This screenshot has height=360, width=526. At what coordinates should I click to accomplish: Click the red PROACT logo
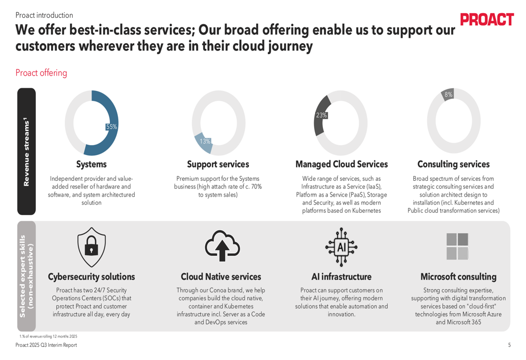(x=487, y=19)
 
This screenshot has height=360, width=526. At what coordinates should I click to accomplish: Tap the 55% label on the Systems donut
(x=112, y=127)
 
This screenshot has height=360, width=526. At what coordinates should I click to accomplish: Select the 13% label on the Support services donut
(x=205, y=141)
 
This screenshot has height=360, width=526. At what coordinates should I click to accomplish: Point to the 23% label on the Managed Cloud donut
(x=321, y=115)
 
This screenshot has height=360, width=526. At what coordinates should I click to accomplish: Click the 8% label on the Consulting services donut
(x=448, y=95)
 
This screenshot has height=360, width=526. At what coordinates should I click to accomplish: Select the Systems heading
(x=92, y=164)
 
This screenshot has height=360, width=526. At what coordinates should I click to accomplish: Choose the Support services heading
(x=218, y=164)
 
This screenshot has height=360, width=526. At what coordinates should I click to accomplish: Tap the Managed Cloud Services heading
(x=341, y=164)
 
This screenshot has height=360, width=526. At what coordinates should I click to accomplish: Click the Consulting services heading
(x=453, y=164)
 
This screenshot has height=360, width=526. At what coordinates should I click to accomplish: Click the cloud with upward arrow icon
(x=222, y=245)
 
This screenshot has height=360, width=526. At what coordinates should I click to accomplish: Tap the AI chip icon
(x=341, y=245)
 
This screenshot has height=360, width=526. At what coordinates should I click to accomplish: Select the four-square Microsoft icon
(x=457, y=246)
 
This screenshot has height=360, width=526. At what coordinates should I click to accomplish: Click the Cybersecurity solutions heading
(x=92, y=277)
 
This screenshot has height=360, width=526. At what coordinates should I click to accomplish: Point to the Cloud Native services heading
(x=221, y=277)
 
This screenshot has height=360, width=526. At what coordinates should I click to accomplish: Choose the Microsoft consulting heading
(x=458, y=277)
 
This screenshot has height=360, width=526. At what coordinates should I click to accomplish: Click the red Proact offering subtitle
(x=41, y=73)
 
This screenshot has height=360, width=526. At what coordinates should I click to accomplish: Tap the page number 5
(x=509, y=345)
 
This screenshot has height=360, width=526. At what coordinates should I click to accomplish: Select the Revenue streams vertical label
(x=26, y=152)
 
